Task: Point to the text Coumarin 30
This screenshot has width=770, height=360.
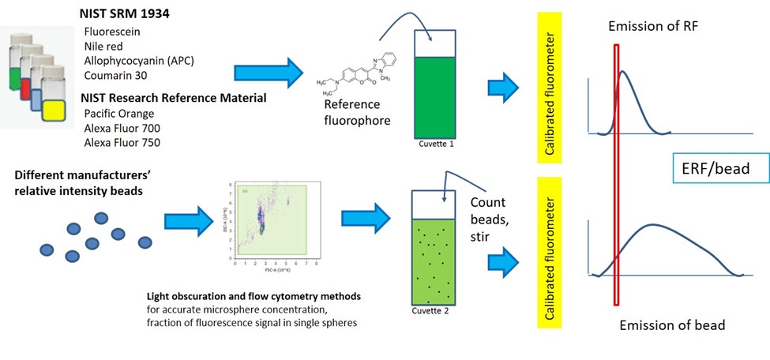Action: coord(115,77)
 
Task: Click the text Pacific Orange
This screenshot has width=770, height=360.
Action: coord(119,114)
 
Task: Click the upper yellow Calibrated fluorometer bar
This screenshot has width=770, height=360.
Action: coord(548,88)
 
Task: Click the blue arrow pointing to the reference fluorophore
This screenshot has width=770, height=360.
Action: coord(269,73)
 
